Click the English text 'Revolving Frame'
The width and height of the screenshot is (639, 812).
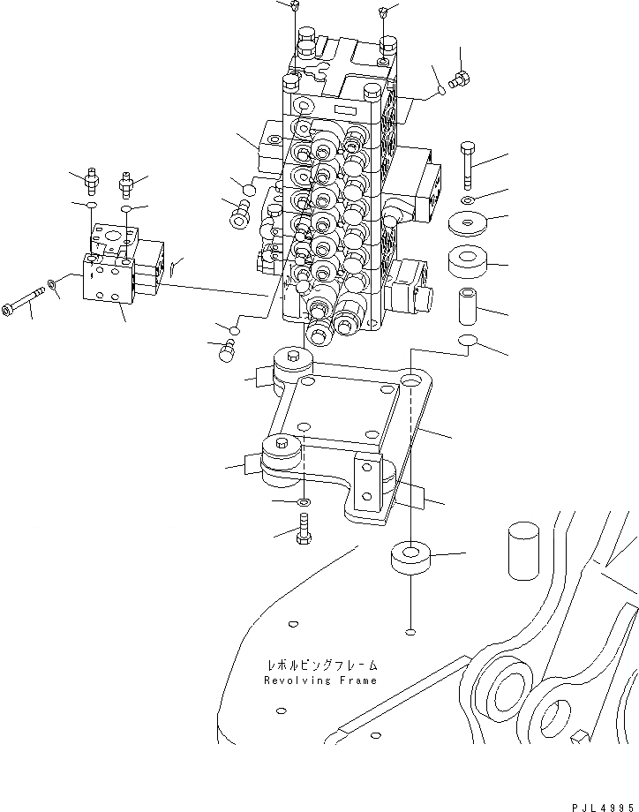320,680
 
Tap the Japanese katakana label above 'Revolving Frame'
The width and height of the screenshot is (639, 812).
320,664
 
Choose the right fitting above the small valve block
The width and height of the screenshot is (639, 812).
127,184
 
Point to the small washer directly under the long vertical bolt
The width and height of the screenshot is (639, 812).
468,200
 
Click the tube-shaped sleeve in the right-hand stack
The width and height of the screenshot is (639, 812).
468,304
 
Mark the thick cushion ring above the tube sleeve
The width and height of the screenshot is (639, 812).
468,262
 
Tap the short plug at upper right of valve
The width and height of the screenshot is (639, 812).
458,82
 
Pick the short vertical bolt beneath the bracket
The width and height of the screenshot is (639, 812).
304,531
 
